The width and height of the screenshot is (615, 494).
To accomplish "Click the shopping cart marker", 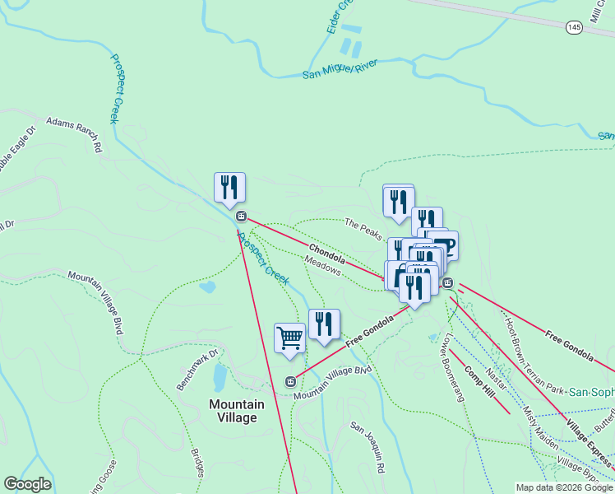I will pyautogui.click(x=289, y=338).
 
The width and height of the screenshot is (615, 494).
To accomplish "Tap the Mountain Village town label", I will pyautogui.click(x=237, y=410).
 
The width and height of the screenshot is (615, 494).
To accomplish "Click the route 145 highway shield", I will pyautogui.click(x=574, y=28).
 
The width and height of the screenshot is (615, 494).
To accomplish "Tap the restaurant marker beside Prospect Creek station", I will pyautogui.click(x=229, y=187).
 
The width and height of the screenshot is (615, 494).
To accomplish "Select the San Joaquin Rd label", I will pyautogui.click(x=368, y=448).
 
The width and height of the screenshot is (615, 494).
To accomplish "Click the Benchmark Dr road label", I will pyautogui.click(x=199, y=370).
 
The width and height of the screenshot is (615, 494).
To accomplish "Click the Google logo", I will pyautogui.click(x=27, y=484).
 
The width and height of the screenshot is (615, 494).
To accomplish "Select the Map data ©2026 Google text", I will pyautogui.click(x=563, y=487).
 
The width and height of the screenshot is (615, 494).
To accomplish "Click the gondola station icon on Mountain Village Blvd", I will pyautogui.click(x=289, y=381).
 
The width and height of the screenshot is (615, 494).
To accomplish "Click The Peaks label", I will pyautogui.click(x=363, y=229).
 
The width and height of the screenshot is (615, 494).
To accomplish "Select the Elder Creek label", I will pyautogui.click(x=339, y=17).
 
